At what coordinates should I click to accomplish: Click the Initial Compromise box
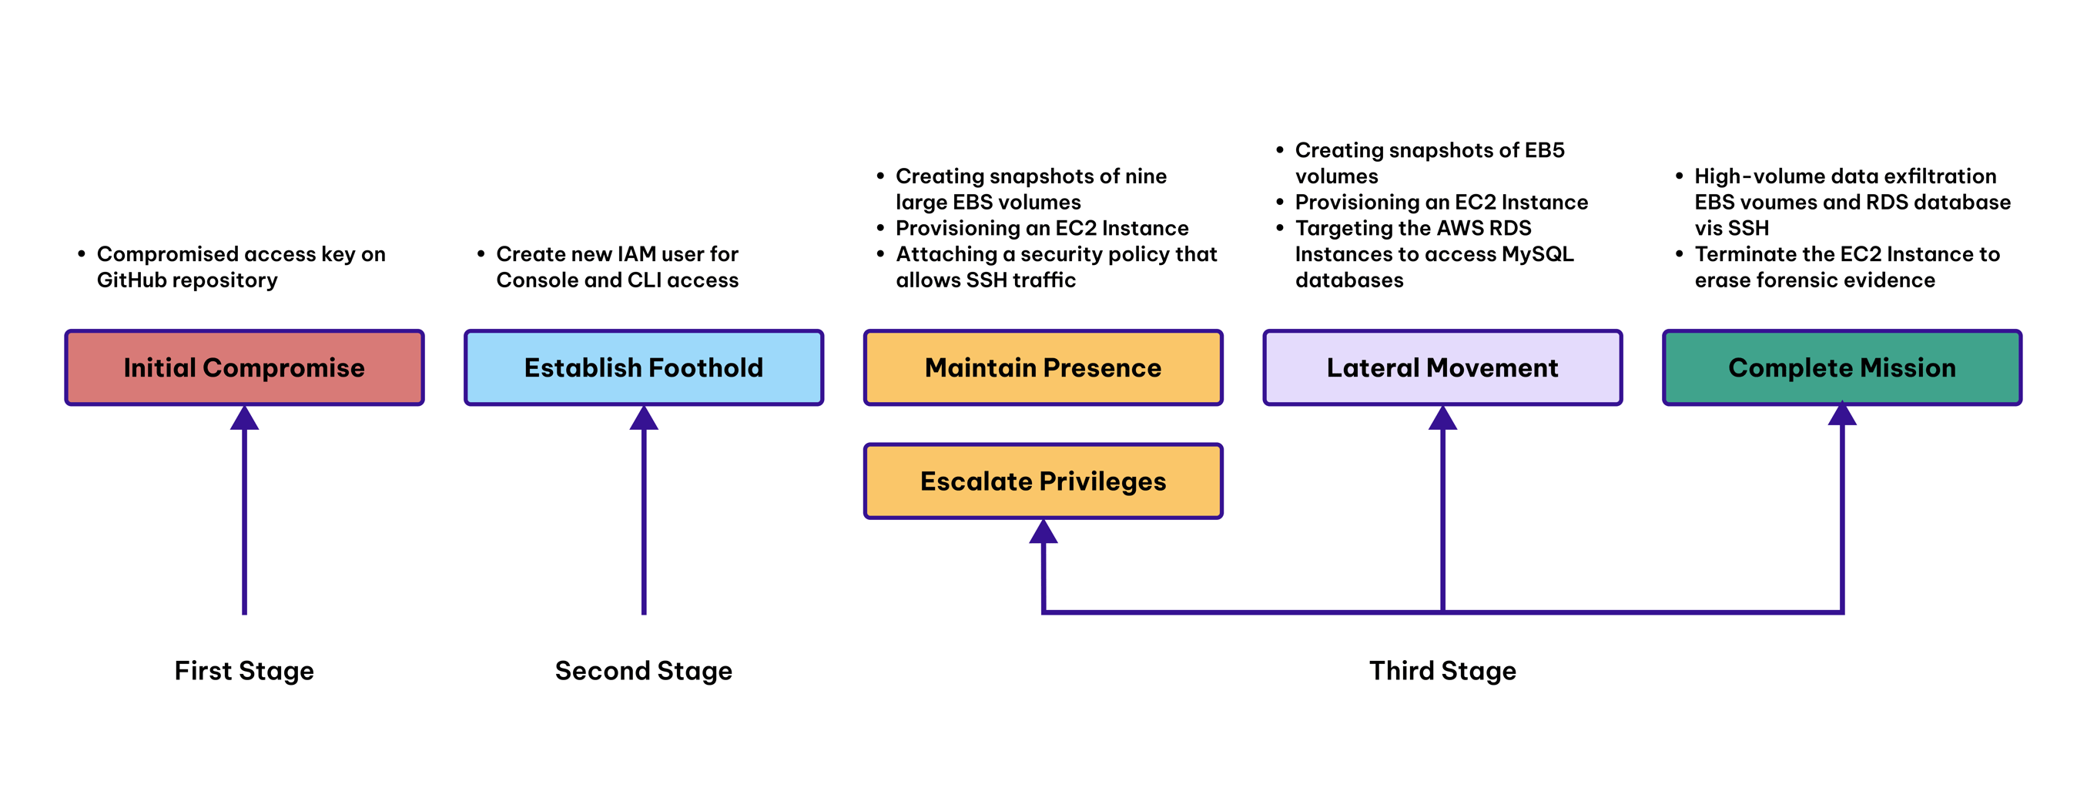pos(244,367)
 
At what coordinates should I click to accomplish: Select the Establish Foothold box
pos(643,367)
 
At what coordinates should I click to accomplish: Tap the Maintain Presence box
pos(1043,367)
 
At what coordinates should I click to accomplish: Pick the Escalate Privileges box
pos(1043,481)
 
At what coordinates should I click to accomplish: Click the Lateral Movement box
pos(1442,367)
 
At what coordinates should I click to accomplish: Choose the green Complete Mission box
pos(1841,367)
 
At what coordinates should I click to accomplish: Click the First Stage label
pos(244,670)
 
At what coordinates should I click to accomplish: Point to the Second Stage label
pos(643,670)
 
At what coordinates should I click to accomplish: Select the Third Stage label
pos(1442,670)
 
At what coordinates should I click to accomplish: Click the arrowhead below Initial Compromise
pos(244,419)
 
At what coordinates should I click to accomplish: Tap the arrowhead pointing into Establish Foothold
pos(643,419)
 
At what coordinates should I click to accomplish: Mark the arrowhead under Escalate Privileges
pos(1043,532)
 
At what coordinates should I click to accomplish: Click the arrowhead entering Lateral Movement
pos(1442,419)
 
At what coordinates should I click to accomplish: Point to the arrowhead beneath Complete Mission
pos(1841,415)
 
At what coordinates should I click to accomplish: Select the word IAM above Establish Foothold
pos(641,253)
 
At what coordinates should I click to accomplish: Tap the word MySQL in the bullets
pos(1537,253)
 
